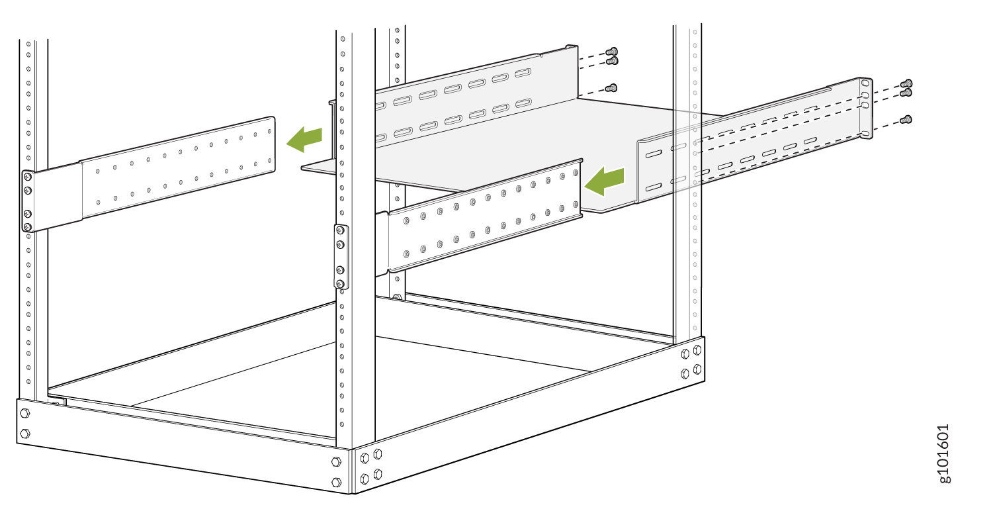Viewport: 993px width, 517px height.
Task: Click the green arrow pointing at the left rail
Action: [304, 139]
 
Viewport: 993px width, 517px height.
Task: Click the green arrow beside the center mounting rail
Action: [605, 181]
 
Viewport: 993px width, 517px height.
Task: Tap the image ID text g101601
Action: [944, 453]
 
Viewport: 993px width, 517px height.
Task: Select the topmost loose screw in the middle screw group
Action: [612, 52]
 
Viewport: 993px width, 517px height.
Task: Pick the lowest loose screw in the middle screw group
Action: [612, 88]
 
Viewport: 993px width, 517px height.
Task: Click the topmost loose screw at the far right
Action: [906, 83]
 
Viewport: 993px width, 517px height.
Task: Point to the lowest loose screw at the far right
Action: [906, 120]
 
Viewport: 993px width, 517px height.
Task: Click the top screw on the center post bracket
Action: [341, 230]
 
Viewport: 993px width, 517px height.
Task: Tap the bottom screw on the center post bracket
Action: [341, 284]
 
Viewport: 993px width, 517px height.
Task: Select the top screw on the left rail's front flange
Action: [28, 177]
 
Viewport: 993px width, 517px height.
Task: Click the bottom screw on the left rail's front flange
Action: [28, 227]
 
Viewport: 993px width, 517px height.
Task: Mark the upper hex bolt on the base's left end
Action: [25, 413]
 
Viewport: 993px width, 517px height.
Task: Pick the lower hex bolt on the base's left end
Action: [25, 433]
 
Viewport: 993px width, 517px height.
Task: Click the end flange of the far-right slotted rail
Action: [866, 108]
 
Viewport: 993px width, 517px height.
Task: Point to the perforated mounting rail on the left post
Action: [148, 174]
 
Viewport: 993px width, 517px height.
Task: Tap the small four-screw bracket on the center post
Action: [341, 257]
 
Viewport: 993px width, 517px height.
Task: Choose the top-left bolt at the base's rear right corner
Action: [685, 354]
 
